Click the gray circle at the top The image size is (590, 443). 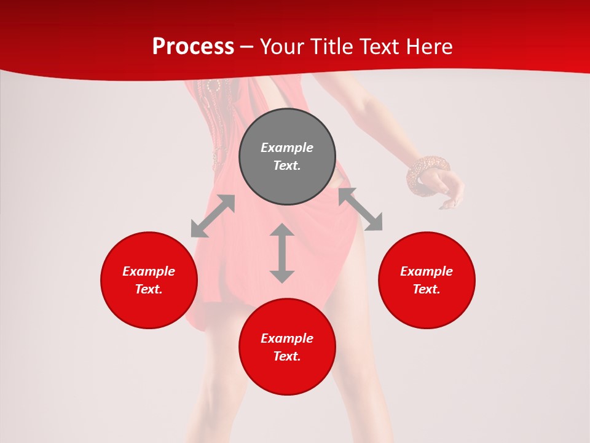[287, 157]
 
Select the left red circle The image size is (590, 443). [149, 280]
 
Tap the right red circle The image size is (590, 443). [427, 280]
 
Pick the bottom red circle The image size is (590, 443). [287, 347]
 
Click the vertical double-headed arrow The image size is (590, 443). [282, 253]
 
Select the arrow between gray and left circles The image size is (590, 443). [213, 216]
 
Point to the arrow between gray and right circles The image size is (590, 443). [361, 210]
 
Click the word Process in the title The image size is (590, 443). [193, 47]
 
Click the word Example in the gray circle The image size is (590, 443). [287, 148]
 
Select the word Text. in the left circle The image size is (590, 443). [149, 289]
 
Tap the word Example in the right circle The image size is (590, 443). [427, 271]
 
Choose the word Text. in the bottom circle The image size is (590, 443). [287, 356]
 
